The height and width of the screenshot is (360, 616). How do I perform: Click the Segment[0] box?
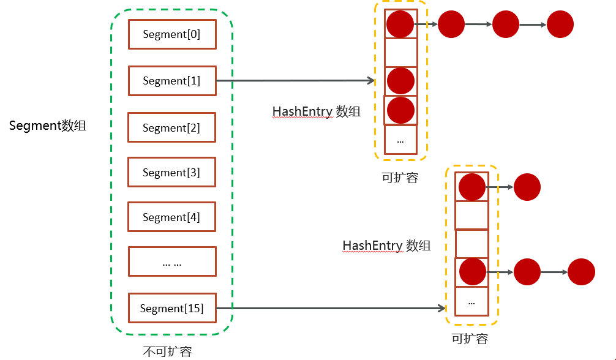pos(172,34)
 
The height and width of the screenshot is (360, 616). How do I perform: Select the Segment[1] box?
pos(172,81)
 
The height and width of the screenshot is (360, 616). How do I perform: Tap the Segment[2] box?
pos(172,128)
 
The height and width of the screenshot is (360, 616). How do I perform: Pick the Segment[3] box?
pos(172,173)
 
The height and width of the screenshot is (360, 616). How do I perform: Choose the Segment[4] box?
pos(172,217)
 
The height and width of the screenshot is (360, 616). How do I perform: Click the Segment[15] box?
pos(172,309)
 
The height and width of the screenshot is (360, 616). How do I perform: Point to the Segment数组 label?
pos(48,126)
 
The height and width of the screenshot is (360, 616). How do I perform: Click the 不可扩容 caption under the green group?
pos(167,351)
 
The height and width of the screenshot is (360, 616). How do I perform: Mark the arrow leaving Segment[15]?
pos(331,309)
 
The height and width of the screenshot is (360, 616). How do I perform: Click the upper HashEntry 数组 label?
pos(316,111)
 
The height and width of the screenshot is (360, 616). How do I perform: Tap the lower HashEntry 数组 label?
pos(386,246)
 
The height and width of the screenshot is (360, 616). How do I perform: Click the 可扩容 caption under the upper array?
pos(400,178)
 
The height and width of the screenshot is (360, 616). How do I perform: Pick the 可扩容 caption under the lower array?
pos(470,338)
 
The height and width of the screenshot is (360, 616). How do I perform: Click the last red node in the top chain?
pos(560,24)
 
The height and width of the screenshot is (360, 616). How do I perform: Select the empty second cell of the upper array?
pos(400,53)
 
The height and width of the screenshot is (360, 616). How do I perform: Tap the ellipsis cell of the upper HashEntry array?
pos(400,140)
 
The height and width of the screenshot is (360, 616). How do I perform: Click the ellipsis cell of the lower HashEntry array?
pos(471,301)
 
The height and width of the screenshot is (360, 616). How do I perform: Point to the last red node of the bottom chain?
pos(581,272)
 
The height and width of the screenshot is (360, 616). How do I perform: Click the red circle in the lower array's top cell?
pos(471,187)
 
